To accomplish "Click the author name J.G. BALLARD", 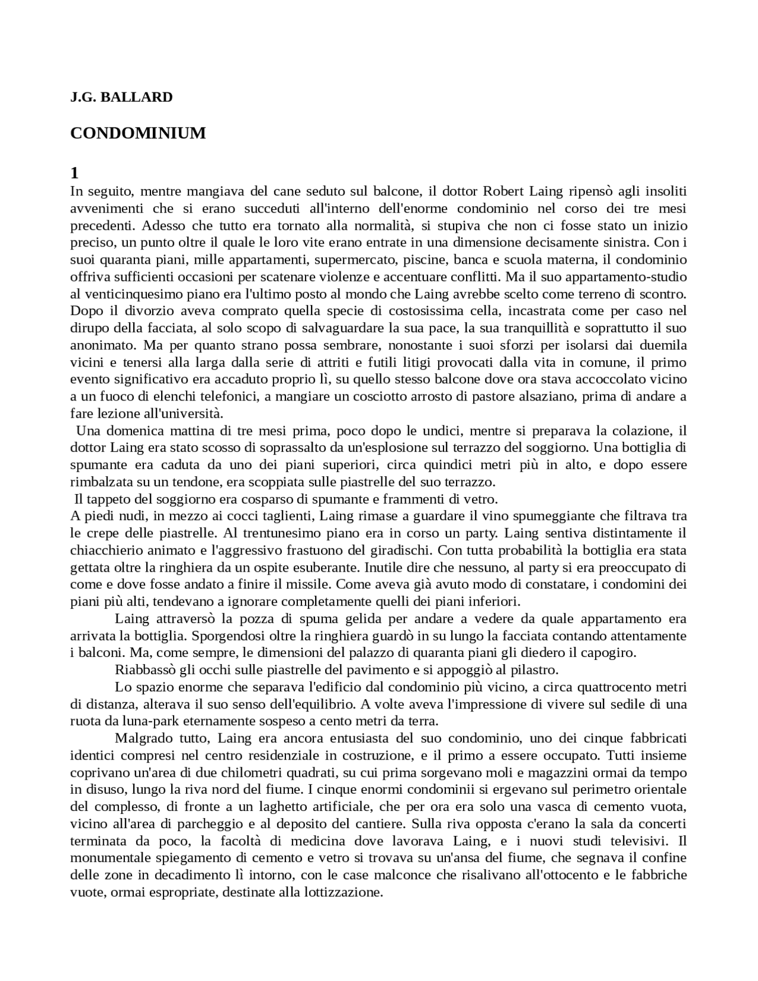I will click(x=121, y=97).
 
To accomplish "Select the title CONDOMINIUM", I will click(x=138, y=133).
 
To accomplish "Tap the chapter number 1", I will click(x=74, y=174).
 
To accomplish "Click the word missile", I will click(x=311, y=584).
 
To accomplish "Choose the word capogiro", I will click(x=609, y=653).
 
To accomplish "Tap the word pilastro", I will click(x=534, y=670).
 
